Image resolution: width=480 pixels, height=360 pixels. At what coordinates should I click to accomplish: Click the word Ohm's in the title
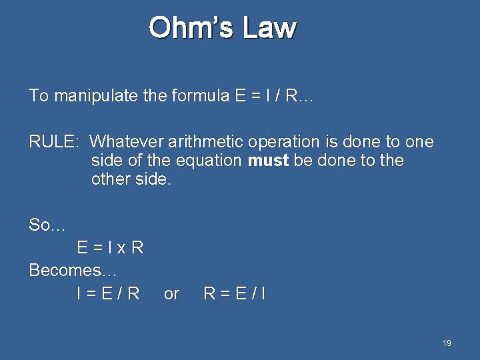[x=191, y=28]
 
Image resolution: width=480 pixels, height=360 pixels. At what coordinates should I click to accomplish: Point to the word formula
[x=201, y=96]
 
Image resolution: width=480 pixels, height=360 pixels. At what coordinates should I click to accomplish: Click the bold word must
[x=267, y=161]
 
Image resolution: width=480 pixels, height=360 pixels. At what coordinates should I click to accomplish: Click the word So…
[x=47, y=225]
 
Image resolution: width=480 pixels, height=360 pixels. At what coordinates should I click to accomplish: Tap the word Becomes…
[x=73, y=271]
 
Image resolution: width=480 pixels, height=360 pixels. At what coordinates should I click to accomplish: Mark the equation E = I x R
[x=110, y=248]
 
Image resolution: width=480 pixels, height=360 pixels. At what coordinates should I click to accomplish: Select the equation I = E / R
[x=108, y=293]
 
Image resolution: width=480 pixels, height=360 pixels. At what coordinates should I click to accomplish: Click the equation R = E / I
[x=235, y=293]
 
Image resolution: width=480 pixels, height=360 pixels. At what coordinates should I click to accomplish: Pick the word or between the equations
[x=171, y=294]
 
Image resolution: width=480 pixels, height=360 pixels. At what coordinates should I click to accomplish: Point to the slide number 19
[x=447, y=343]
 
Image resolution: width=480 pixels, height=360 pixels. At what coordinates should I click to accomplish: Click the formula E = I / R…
[x=273, y=96]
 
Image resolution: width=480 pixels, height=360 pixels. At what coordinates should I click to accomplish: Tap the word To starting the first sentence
[x=39, y=96]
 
